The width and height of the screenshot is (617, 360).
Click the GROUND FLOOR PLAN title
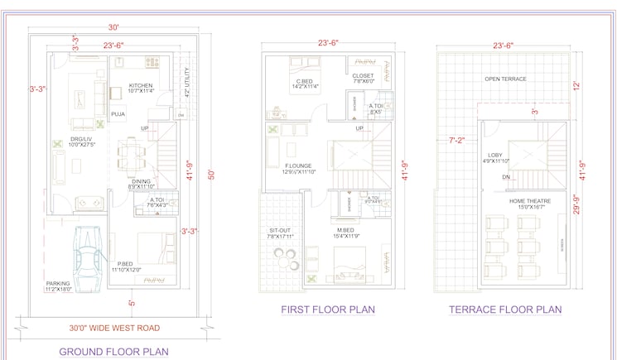click(x=113, y=352)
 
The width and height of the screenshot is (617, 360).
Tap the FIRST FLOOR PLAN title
click(x=328, y=310)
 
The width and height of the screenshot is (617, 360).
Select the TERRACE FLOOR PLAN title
click(x=505, y=310)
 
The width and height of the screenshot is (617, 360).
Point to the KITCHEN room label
click(x=141, y=85)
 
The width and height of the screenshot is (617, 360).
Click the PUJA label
click(x=118, y=114)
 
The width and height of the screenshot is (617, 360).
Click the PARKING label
click(x=58, y=284)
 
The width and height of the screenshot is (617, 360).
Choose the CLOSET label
click(x=364, y=75)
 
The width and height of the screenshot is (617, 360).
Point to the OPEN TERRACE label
click(x=505, y=79)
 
